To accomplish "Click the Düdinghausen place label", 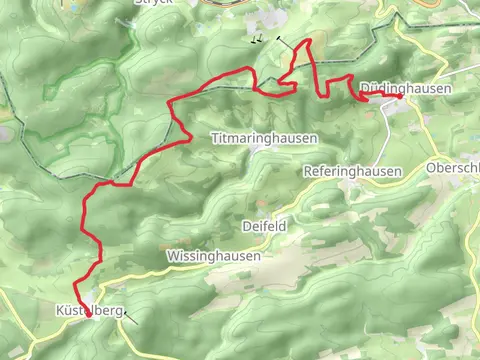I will (x=404, y=90).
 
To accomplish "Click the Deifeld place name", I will (x=265, y=227).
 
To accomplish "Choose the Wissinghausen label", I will (x=213, y=256).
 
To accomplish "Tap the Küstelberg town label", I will (x=85, y=312).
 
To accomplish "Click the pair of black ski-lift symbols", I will (x=257, y=41).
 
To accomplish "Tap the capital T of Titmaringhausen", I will (x=214, y=137).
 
